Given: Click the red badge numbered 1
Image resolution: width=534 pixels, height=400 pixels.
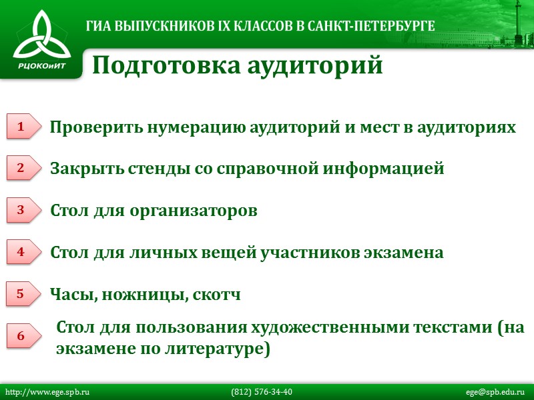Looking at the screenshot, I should click(x=21, y=126).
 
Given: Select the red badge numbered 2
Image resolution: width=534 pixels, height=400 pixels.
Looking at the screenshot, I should click(x=21, y=168).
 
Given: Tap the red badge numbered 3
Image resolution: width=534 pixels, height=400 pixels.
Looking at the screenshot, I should click(x=21, y=210).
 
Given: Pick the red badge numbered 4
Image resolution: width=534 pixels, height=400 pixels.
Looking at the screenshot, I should click(x=21, y=252).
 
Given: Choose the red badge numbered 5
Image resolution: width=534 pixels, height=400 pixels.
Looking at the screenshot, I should click(x=21, y=293).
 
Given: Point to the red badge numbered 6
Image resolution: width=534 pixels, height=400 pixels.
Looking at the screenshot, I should click(x=21, y=337).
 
